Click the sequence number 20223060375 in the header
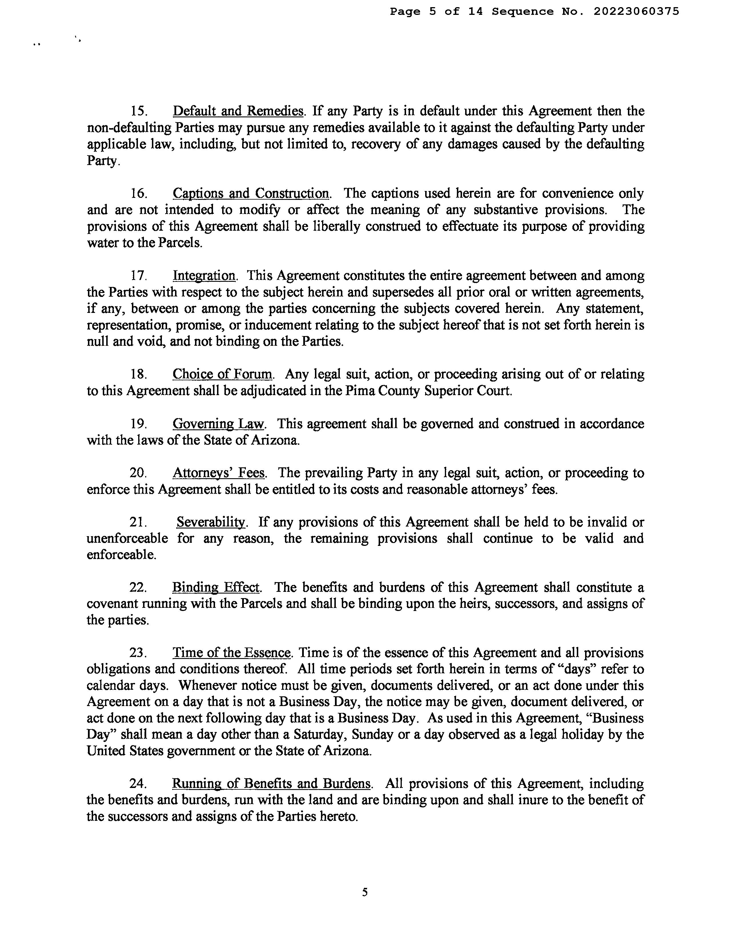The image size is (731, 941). click(x=636, y=12)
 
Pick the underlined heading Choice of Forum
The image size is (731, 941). click(x=222, y=374)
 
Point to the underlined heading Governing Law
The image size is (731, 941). click(x=218, y=424)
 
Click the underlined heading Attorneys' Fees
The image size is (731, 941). click(x=218, y=473)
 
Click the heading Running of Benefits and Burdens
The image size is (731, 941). click(x=271, y=783)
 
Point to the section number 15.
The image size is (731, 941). click(x=139, y=111)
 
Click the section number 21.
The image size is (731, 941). click(x=138, y=522)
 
